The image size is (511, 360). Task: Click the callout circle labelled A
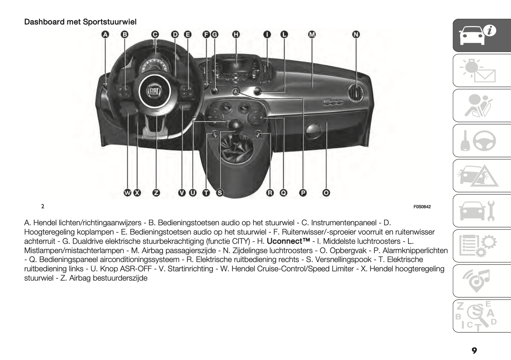(x=105, y=34)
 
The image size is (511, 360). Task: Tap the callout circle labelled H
(x=236, y=34)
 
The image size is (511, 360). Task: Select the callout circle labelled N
(x=356, y=34)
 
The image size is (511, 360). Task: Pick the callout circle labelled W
(x=127, y=193)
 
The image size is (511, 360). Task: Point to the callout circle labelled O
(x=326, y=193)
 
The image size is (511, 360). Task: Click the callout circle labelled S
(x=220, y=193)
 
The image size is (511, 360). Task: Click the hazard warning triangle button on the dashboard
(x=236, y=92)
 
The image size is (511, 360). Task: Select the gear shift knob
(x=235, y=124)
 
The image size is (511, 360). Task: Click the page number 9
(x=474, y=350)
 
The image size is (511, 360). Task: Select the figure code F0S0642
(x=422, y=207)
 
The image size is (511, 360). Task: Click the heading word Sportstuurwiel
(x=110, y=22)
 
